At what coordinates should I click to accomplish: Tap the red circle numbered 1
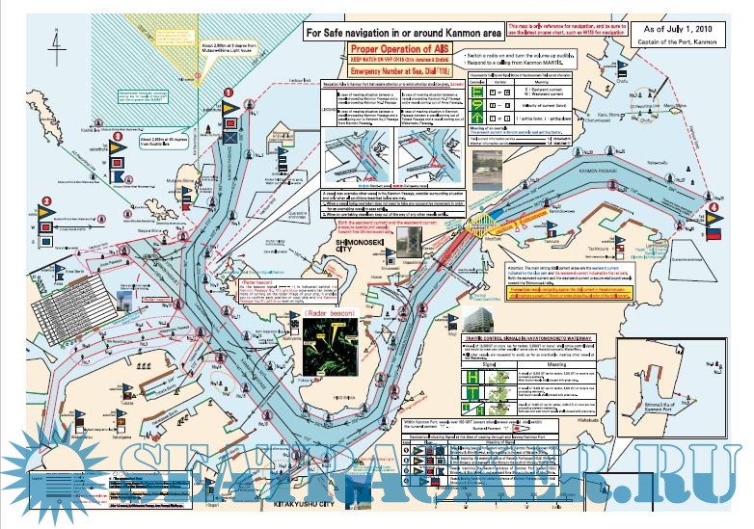click(229, 93)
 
